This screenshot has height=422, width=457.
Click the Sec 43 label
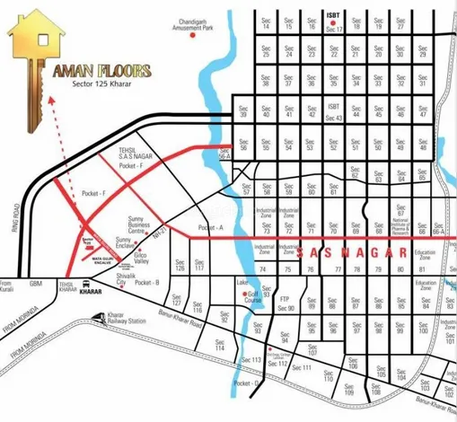tap(335, 118)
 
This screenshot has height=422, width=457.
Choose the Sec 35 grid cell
tap(312, 83)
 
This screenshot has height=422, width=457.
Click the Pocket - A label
tap(209, 228)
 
